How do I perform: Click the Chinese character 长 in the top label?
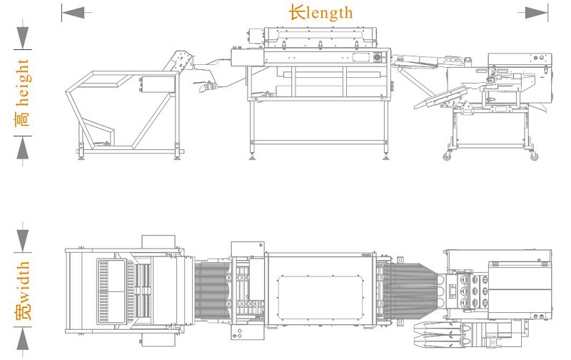[x=297, y=13]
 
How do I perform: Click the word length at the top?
[x=330, y=13]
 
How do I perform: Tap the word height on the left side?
[x=23, y=83]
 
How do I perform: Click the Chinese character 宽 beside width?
[x=23, y=312]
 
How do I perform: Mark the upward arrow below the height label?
[x=23, y=148]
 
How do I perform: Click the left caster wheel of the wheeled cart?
[x=448, y=156]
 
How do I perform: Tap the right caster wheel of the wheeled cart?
[x=534, y=156]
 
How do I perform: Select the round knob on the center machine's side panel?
[x=378, y=57]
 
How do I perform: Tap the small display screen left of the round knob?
[x=361, y=57]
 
